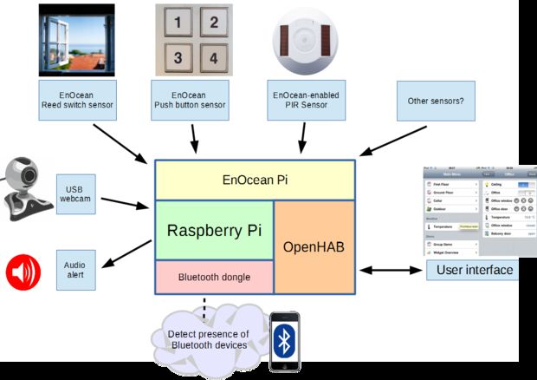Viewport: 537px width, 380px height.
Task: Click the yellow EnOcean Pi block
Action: click(255, 180)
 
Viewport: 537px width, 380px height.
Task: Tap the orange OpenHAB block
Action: click(314, 246)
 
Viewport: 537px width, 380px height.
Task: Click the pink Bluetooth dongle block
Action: click(214, 277)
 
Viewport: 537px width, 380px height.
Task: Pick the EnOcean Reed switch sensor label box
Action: click(77, 102)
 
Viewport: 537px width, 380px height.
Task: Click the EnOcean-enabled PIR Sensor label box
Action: click(303, 102)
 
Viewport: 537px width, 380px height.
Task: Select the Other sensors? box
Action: click(436, 102)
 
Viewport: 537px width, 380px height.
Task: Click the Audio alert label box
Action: click(75, 269)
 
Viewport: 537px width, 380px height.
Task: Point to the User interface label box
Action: click(473, 270)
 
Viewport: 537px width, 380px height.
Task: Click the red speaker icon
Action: click(23, 272)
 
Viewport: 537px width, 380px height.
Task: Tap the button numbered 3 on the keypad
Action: click(176, 57)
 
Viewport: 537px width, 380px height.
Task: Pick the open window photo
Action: click(76, 39)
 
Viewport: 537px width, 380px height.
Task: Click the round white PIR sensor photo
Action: click(302, 39)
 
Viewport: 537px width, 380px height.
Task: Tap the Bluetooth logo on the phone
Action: click(283, 341)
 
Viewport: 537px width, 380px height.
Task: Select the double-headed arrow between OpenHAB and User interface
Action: click(391, 271)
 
